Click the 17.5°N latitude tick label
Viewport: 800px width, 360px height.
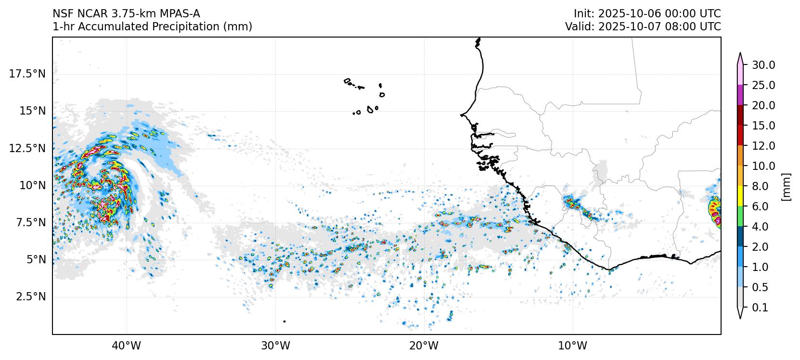[27, 74]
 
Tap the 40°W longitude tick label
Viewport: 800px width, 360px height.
[127, 346]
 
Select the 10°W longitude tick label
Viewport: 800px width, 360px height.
[573, 346]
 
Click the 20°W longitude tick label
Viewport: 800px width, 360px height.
[425, 346]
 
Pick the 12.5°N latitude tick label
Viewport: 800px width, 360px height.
[27, 148]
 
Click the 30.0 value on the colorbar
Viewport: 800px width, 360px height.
[763, 65]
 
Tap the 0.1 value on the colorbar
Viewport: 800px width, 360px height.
[760, 308]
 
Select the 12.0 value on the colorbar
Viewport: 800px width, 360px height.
[763, 146]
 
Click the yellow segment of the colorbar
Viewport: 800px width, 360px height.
[740, 196]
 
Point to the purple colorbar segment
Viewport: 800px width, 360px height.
[740, 95]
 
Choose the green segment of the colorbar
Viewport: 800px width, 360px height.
[740, 217]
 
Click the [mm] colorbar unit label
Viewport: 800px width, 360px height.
[786, 186]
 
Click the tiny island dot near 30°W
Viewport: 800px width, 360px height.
[284, 321]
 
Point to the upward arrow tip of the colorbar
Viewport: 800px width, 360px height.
[740, 54]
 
